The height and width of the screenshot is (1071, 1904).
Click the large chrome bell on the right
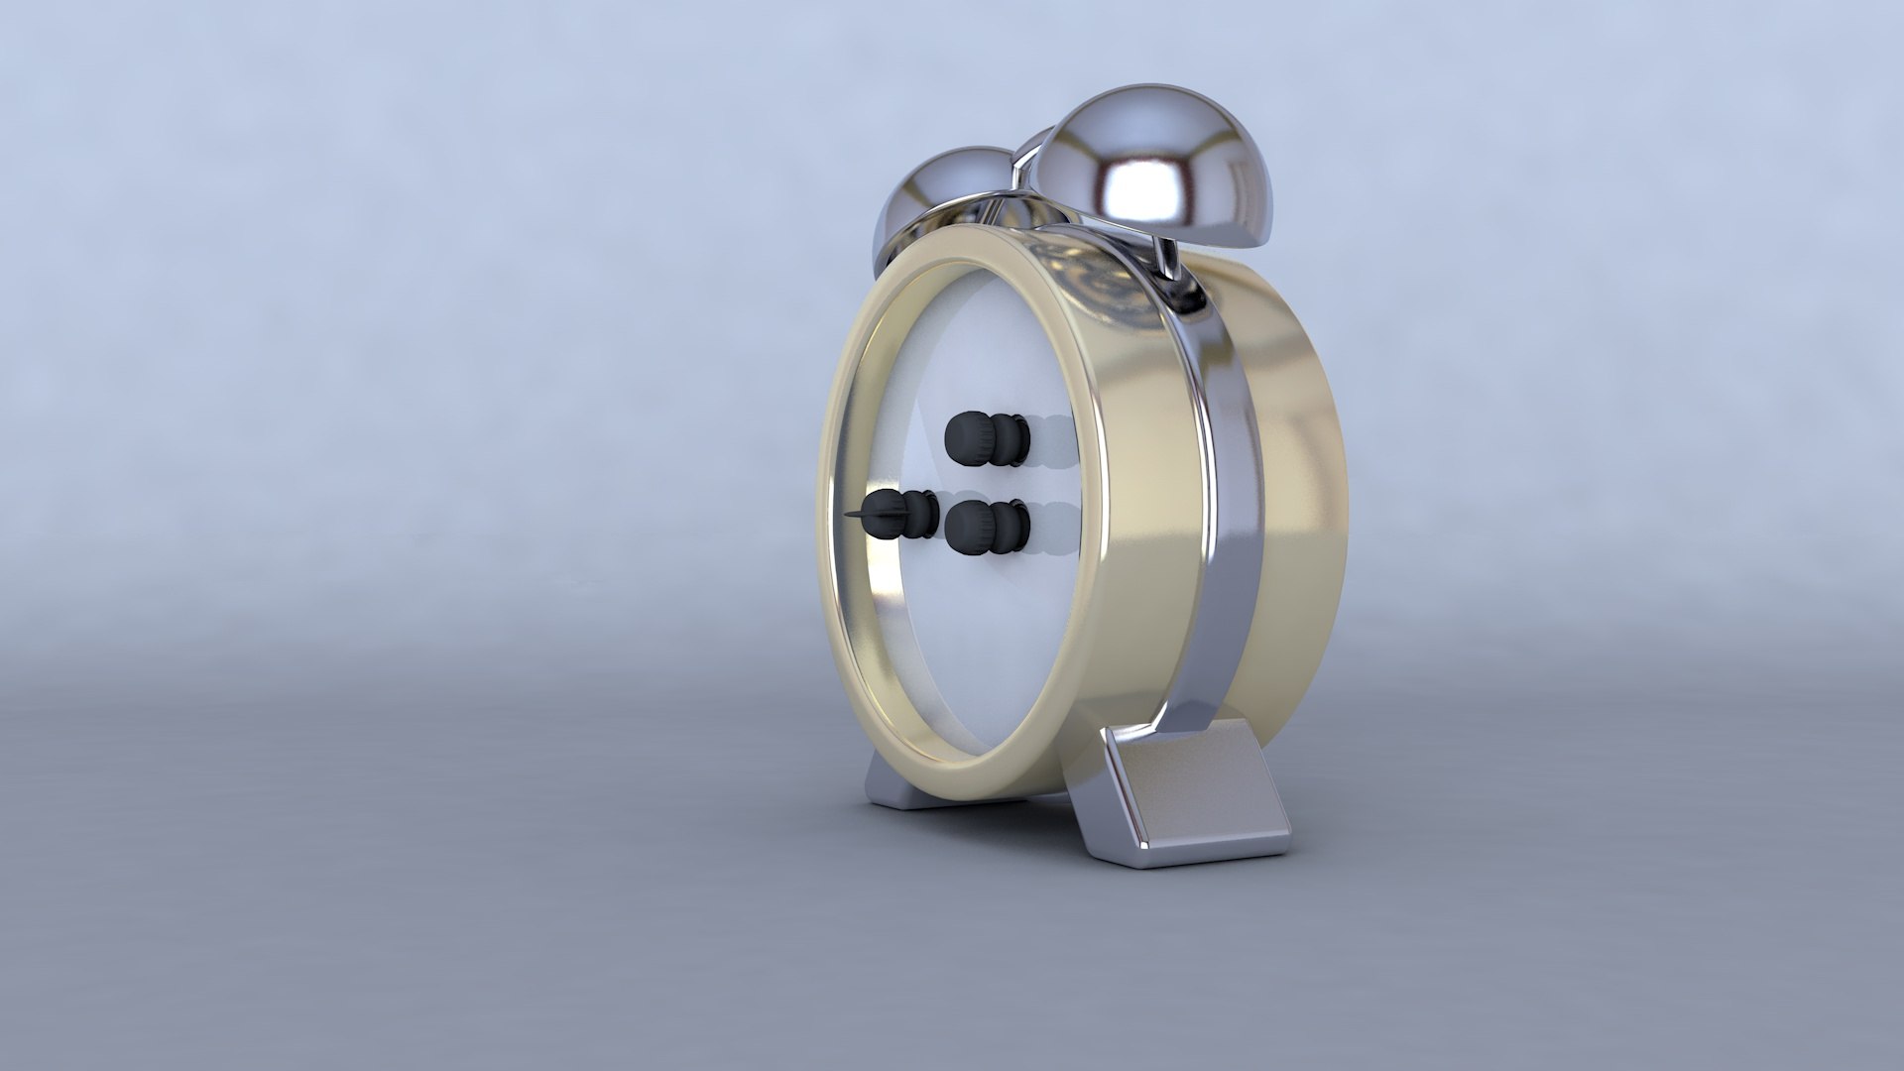pyautogui.click(x=1150, y=169)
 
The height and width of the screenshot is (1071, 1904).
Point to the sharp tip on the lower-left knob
pyautogui.click(x=159, y=515)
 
